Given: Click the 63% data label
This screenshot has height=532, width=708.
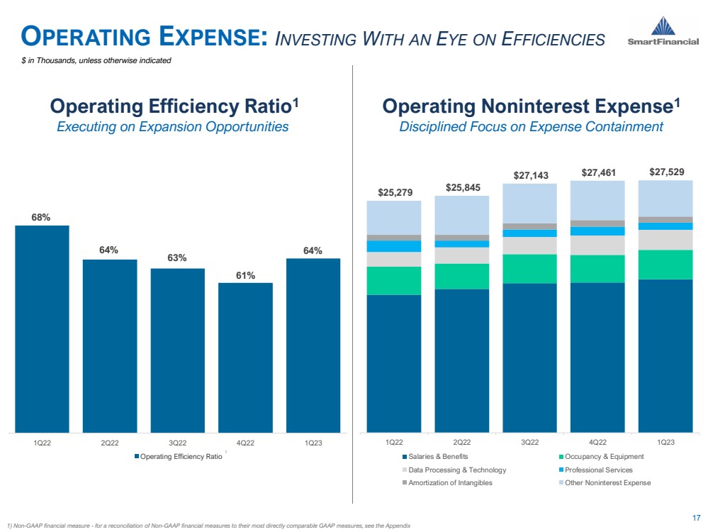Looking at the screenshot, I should (177, 257).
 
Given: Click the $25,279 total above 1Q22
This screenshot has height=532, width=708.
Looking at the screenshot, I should (393, 192).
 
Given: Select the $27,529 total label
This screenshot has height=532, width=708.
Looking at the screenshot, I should (666, 172).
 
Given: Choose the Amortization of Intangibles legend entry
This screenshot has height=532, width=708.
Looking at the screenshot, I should (449, 483).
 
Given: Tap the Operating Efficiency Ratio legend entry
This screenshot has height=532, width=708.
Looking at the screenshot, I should (180, 456).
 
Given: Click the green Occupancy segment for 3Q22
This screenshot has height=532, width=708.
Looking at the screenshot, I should (529, 269).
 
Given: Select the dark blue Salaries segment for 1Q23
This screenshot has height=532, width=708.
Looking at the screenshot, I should (665, 355).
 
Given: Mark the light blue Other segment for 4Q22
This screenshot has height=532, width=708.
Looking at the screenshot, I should (597, 200).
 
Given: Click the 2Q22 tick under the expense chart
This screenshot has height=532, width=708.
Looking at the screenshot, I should (461, 443).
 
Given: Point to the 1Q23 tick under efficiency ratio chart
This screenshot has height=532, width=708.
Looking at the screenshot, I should (313, 443).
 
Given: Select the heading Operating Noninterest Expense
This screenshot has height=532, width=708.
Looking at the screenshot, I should (531, 107).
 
